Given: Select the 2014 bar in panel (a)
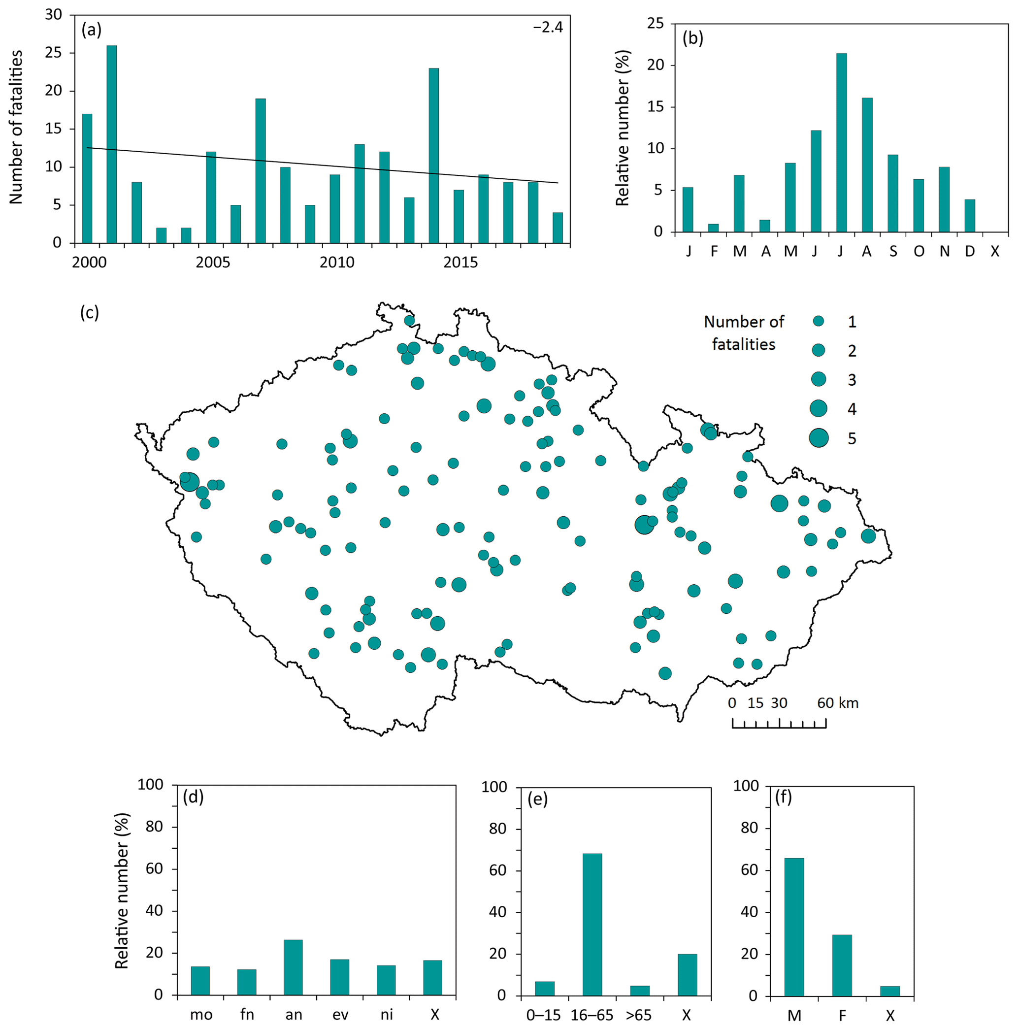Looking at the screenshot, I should [434, 155].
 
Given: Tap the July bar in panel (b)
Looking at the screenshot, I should [842, 142].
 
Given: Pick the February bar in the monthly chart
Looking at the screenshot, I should [713, 228].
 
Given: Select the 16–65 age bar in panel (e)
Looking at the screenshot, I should [592, 925].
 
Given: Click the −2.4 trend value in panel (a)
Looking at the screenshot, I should [548, 27].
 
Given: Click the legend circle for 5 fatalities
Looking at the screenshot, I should [819, 438].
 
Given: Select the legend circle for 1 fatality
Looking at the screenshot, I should [819, 321].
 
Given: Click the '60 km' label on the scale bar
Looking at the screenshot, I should [837, 702].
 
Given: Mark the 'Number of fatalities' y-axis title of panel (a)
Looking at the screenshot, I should [17, 127].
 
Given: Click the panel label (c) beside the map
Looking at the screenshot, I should [90, 312].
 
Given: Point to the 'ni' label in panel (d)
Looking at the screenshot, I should [387, 1014].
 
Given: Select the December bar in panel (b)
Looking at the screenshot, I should [970, 215].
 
